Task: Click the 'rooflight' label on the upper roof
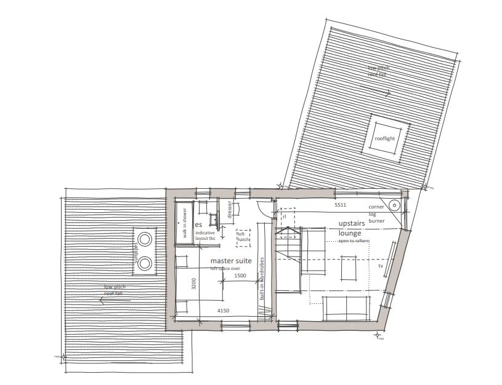tap(385, 138)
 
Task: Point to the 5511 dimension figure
tap(341, 204)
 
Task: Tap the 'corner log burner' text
tap(376, 213)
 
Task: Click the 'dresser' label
tap(229, 208)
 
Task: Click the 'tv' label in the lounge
tap(380, 266)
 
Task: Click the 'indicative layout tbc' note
tap(205, 236)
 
